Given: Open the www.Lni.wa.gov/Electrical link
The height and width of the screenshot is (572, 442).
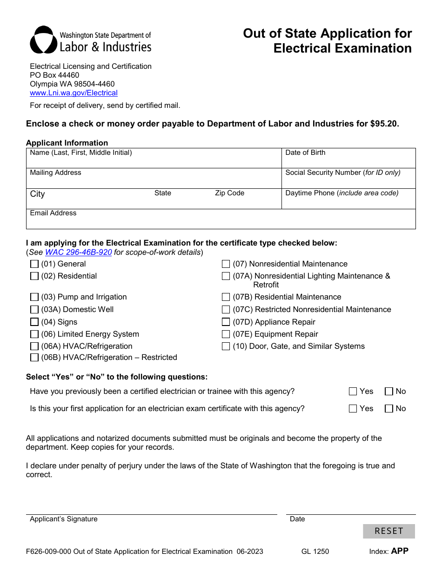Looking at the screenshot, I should [74, 93].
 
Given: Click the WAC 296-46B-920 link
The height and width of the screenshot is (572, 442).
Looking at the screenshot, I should [78, 253].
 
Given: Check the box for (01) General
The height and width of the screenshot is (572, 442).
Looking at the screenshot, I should [34, 264].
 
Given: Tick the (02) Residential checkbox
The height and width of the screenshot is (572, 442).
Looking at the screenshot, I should [34, 276].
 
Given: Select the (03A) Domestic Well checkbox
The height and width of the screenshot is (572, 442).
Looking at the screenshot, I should [34, 310].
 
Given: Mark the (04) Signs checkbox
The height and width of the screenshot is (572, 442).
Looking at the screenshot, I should [34, 322].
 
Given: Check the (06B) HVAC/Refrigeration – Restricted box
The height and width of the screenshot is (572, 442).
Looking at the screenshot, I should [34, 358].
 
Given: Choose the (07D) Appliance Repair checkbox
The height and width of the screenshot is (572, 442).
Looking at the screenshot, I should [226, 322].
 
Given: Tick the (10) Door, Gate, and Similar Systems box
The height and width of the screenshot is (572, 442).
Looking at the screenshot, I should [226, 346].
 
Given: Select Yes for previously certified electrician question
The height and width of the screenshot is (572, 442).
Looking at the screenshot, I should [353, 392].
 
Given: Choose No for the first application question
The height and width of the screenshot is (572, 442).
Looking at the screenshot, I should [389, 409].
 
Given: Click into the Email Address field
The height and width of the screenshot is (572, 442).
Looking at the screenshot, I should [221, 221].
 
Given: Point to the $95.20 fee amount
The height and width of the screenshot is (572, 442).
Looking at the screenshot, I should [384, 124].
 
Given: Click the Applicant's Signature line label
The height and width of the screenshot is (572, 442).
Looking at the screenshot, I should [64, 519].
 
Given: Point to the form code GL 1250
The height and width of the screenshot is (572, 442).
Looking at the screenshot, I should [315, 552].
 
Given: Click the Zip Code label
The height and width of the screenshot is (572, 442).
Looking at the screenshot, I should [229, 193].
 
